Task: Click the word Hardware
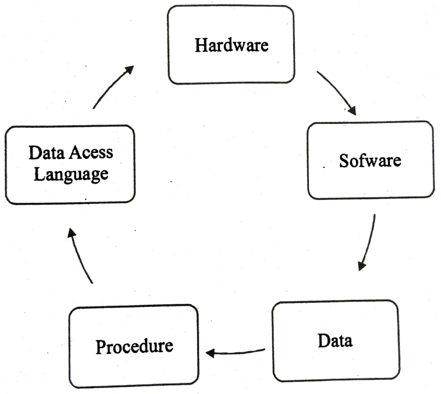231,45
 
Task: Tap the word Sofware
370,160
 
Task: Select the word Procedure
134,346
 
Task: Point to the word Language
71,175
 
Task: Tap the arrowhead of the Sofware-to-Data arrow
361,265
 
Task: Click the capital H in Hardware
200,45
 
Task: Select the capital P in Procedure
100,347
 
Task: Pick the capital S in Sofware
344,160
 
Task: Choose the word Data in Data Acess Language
43,152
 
